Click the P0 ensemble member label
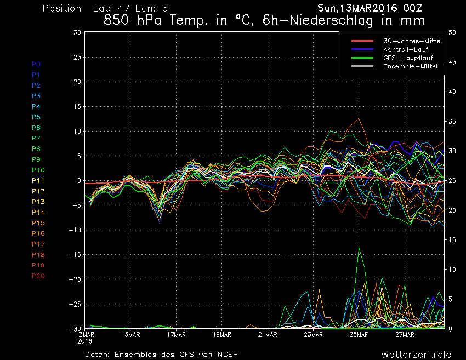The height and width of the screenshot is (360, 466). click(36, 64)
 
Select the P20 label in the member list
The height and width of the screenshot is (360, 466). click(38, 276)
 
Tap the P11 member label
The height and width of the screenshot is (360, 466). click(38, 180)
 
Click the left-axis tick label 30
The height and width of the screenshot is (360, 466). click(77, 33)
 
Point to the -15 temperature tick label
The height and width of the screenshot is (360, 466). click(75, 255)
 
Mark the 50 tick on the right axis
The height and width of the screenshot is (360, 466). click(452, 33)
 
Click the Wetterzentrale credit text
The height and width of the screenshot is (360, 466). click(416, 354)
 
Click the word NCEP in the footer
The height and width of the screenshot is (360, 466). click(228, 354)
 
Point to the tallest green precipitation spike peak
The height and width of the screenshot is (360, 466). click(359, 247)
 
